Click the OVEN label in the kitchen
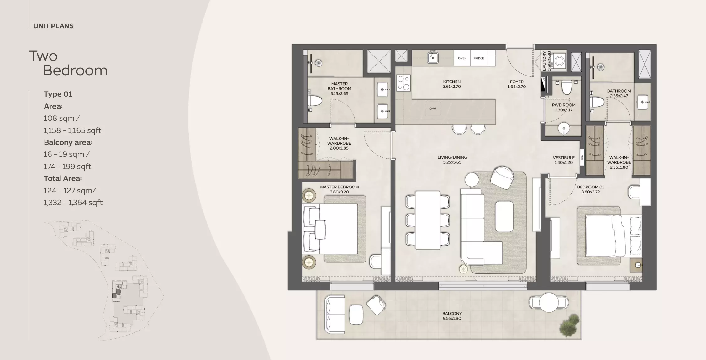click(462, 58)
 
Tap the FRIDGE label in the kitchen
click(479, 58)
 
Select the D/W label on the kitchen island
click(433, 109)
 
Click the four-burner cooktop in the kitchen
click(403, 83)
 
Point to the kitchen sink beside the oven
click(433, 58)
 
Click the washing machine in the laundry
click(560, 60)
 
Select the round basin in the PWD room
click(564, 128)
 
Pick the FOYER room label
click(517, 84)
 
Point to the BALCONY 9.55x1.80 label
click(452, 316)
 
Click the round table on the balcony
click(549, 302)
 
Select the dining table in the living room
click(428, 220)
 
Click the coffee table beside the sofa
click(504, 216)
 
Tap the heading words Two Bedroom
click(68, 63)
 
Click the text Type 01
click(58, 94)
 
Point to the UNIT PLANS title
click(53, 26)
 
